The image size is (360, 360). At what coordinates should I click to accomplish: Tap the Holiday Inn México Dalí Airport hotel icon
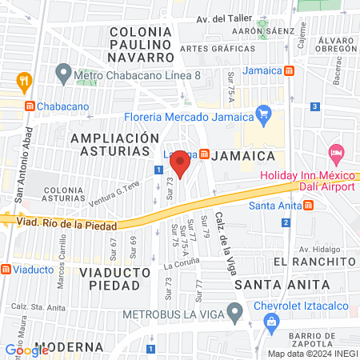335,151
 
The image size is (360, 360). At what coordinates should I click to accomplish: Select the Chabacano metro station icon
29,106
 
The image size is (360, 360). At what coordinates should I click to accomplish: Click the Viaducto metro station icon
6,269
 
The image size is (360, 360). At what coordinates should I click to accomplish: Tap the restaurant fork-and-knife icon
24,81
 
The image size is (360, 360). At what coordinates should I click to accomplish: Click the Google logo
27,349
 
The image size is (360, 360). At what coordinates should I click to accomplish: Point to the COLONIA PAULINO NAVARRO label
142,45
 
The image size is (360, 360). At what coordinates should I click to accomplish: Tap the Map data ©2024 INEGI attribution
312,353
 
